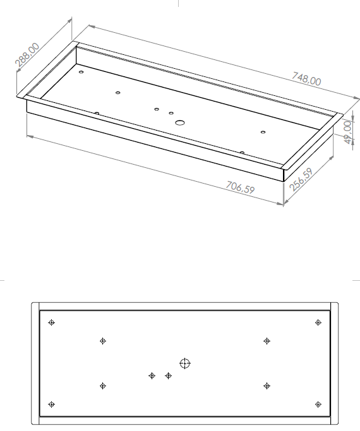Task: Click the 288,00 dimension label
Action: [x=27, y=56]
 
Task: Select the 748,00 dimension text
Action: [x=306, y=79]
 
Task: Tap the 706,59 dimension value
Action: [x=241, y=187]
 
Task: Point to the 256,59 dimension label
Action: [x=301, y=179]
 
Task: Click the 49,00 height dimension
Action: [x=348, y=133]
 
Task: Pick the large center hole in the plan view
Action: [x=185, y=363]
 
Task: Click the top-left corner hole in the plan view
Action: [x=51, y=322]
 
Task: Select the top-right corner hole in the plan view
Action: [x=318, y=322]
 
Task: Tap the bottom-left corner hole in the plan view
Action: [x=51, y=404]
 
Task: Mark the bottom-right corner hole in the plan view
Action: [x=318, y=404]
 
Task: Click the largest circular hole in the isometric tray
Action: [x=180, y=122]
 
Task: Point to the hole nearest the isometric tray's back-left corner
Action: [x=81, y=72]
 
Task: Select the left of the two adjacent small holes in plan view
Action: [x=152, y=375]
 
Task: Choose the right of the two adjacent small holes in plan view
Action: [x=168, y=375]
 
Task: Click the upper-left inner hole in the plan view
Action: [x=103, y=341]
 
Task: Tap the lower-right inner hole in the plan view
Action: [x=267, y=386]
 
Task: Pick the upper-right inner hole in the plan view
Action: [x=267, y=341]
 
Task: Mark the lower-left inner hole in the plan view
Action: [x=103, y=386]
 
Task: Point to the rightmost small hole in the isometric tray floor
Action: [x=263, y=133]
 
